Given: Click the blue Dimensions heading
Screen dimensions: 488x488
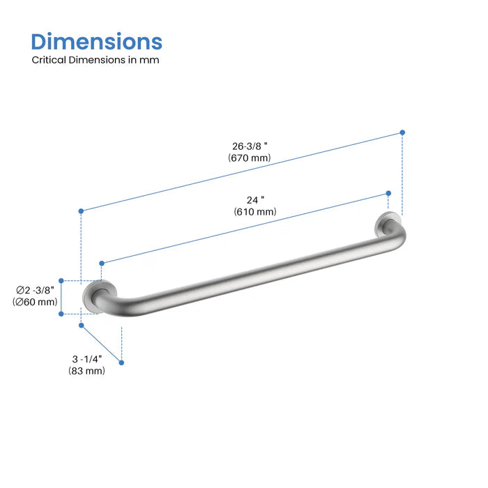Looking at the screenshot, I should pyautogui.click(x=97, y=41).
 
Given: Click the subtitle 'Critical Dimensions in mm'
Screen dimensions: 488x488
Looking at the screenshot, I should pyautogui.click(x=96, y=60).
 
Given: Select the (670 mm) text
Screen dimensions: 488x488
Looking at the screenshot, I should pyautogui.click(x=249, y=158).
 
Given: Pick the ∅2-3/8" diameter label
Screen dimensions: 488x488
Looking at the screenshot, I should pyautogui.click(x=36, y=290).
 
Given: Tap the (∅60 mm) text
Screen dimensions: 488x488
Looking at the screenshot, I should pyautogui.click(x=35, y=302).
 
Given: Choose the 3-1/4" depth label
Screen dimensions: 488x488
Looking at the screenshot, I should pyautogui.click(x=87, y=359).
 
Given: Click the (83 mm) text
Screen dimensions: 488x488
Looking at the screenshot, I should pyautogui.click(x=87, y=371).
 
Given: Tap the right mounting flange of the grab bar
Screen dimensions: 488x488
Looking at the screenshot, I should pyautogui.click(x=386, y=226).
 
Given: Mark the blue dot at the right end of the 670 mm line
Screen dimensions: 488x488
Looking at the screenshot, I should pyautogui.click(x=402, y=132).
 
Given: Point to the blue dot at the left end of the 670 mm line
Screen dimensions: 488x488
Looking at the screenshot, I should pyautogui.click(x=82, y=210).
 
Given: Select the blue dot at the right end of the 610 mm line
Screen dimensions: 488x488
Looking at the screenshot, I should pyautogui.click(x=389, y=194).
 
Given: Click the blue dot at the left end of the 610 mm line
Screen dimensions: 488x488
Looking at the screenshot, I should pyautogui.click(x=102, y=263).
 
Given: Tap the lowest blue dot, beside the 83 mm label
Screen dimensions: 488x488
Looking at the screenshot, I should pyautogui.click(x=122, y=363).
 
